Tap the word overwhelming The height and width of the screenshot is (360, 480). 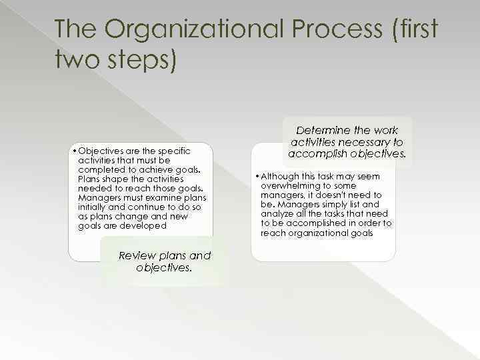click(288, 187)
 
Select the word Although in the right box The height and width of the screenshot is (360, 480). click(278, 177)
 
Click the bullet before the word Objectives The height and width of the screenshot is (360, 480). click(74, 151)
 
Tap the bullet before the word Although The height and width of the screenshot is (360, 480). click(257, 177)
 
